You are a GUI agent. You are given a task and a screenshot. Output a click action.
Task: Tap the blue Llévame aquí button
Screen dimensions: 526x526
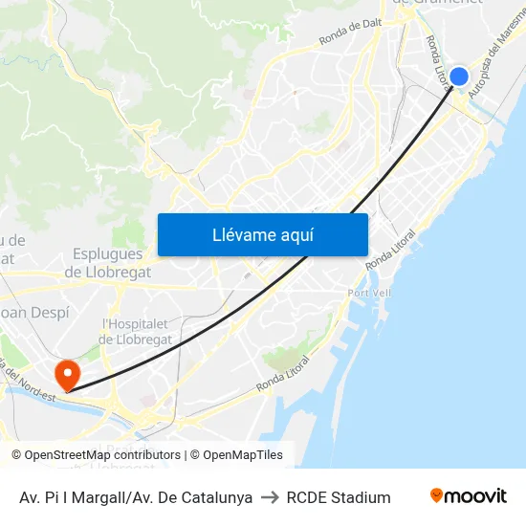pos(263,234)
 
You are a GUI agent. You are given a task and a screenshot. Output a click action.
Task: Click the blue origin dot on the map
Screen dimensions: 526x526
pos(459,77)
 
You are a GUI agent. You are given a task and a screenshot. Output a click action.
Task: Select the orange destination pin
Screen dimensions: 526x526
pos(67,373)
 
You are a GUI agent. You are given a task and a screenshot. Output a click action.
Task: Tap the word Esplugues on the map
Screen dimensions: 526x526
pos(107,254)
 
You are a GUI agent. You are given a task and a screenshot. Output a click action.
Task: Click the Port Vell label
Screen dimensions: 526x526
pos(368,293)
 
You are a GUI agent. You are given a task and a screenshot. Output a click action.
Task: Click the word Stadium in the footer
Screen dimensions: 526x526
pos(362,497)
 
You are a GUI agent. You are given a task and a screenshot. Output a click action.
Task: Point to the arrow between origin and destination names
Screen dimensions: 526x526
pos(270,497)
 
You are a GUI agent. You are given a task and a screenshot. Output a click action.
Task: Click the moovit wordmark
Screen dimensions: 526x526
pos(476,495)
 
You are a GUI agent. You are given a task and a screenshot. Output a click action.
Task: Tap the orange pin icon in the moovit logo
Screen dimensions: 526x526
pos(437,495)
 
